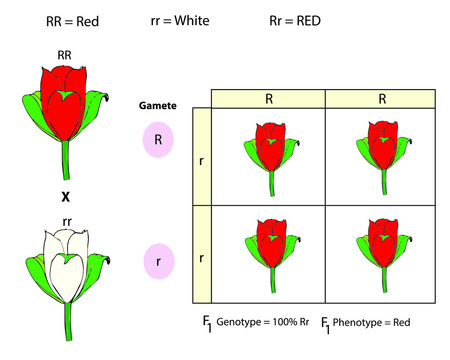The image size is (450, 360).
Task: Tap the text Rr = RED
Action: point(295,20)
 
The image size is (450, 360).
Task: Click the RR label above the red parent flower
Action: point(64,55)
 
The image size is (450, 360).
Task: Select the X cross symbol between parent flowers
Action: point(64,198)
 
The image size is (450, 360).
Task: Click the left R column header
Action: point(268,99)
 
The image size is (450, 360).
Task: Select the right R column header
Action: point(383,99)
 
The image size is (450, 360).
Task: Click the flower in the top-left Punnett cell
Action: point(268,148)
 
